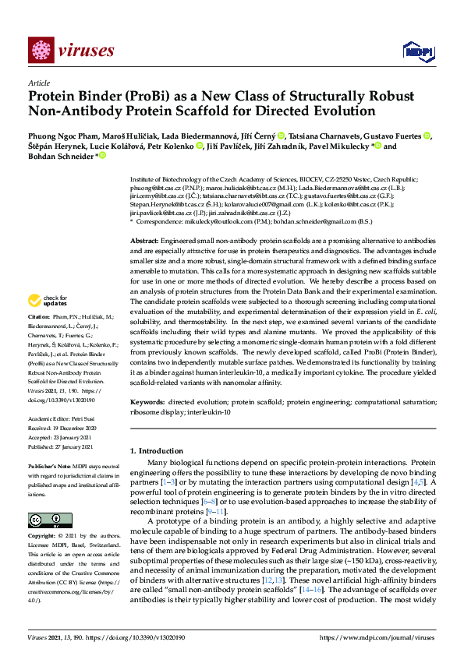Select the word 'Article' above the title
click(x=38, y=83)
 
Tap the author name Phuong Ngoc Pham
click(x=61, y=136)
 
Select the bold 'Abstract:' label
click(x=144, y=220)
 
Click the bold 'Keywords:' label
click(x=147, y=401)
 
